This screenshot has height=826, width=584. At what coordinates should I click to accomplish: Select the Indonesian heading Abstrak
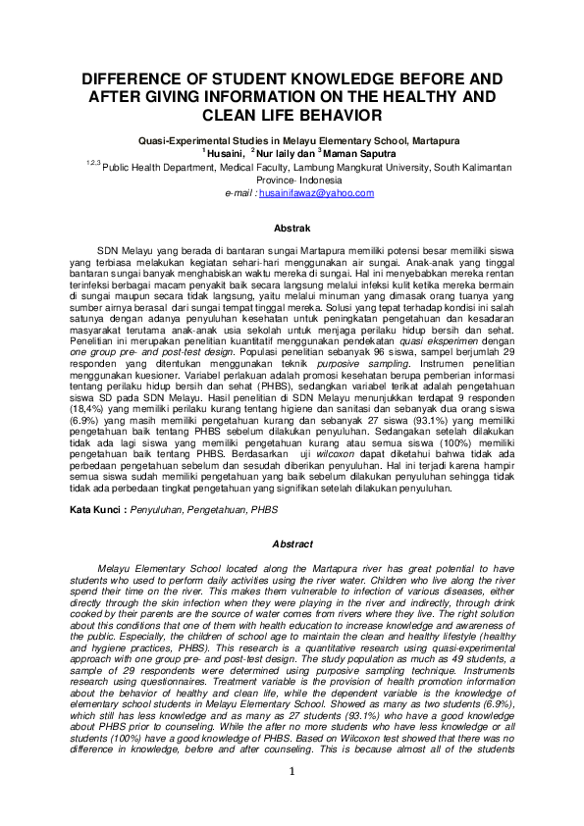point(292,228)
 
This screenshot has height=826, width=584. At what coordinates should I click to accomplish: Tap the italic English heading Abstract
point(292,544)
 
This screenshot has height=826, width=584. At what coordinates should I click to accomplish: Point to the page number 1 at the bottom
point(292,800)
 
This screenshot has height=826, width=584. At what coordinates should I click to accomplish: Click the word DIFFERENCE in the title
point(141,77)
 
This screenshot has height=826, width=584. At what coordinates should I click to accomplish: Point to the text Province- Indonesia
point(292,181)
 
